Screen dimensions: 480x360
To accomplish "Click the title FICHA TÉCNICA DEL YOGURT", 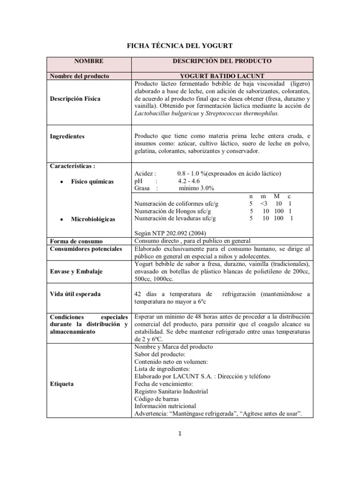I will (x=180, y=45).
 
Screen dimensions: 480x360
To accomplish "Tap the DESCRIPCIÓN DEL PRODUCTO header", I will (x=222, y=61).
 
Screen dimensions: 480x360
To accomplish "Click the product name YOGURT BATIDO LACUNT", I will (x=222, y=76).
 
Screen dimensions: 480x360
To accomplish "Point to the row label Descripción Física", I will (x=75, y=98).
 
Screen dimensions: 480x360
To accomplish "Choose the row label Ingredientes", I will (x=67, y=136).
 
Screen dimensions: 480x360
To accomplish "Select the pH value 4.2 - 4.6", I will (x=189, y=181).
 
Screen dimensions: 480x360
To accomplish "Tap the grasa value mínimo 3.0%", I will (x=196, y=188).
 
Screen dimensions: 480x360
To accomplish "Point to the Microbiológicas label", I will (x=92, y=219).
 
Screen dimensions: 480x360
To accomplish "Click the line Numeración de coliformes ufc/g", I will (x=176, y=204).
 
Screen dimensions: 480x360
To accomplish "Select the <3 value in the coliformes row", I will (x=263, y=204).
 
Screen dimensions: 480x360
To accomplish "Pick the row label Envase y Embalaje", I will (x=76, y=271).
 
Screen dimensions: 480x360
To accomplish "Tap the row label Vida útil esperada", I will (x=75, y=294).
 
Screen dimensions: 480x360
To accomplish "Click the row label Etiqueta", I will (x=62, y=383).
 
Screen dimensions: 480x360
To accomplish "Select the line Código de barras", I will (x=157, y=398).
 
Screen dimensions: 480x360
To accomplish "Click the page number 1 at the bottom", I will (x=180, y=433).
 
